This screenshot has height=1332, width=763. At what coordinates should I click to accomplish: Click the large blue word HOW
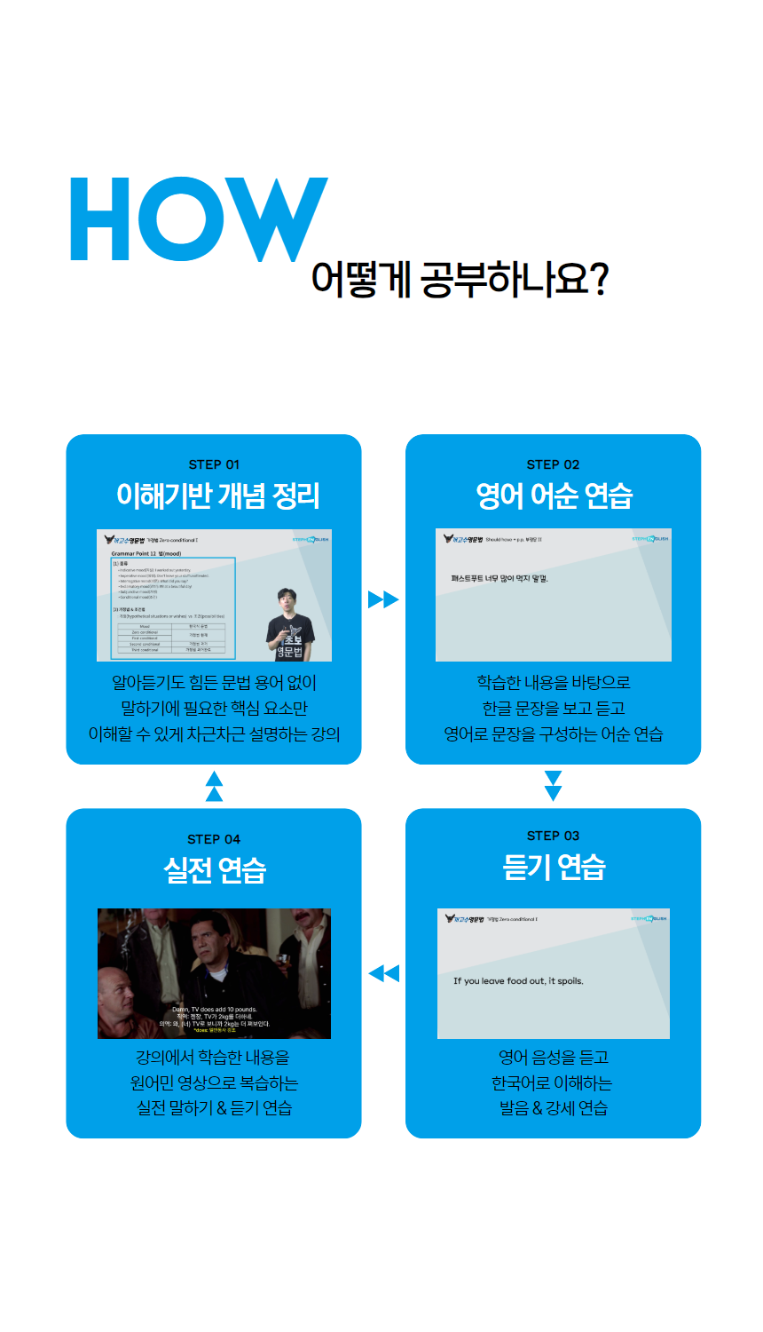pos(199,218)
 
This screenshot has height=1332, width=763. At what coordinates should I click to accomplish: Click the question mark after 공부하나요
pos(598,279)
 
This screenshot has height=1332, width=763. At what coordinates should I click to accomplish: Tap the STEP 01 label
pos(214,464)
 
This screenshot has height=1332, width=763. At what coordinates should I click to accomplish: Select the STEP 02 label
pos(553,464)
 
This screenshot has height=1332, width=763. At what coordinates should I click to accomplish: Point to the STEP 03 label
pos(553,836)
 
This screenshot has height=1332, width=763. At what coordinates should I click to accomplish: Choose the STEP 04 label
pos(214,839)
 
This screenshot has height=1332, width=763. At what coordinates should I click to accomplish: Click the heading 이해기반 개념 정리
pos(217,496)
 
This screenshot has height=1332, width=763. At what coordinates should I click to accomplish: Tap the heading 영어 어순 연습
pos(554,496)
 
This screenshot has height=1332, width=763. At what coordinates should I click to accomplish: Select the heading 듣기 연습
pos(554,867)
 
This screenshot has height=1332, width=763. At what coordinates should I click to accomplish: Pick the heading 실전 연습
pos(215,870)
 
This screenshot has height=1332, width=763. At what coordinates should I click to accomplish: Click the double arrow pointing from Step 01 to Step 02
pos(383,599)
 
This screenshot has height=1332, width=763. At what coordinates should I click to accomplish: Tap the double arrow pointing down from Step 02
pos(553,786)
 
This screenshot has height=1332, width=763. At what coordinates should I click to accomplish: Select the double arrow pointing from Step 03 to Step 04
pos(383,973)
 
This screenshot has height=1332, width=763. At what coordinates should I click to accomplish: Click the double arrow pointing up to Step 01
pos(214,786)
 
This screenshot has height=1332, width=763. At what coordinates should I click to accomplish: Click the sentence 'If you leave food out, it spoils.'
pos(518,981)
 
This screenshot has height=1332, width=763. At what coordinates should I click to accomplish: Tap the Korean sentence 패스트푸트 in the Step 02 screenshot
pos(499,579)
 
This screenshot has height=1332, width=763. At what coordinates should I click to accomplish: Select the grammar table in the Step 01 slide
pos(170,638)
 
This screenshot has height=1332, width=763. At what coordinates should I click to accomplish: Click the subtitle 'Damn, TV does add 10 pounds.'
pos(214,1010)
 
